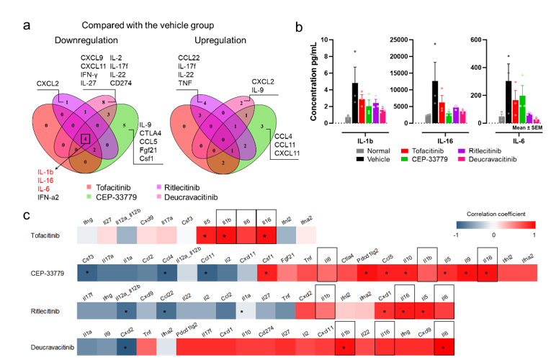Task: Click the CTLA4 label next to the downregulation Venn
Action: [x=149, y=132]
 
